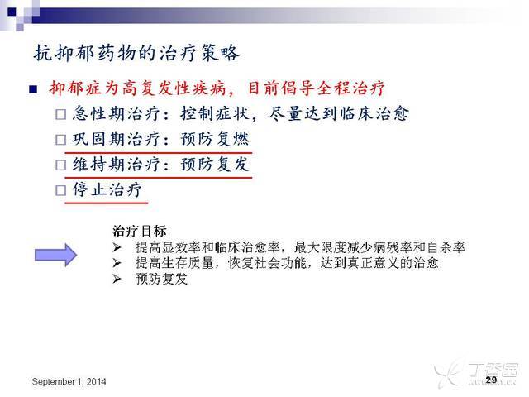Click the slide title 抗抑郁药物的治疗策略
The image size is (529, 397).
tap(136, 53)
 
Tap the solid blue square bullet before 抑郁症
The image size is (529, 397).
tap(33, 89)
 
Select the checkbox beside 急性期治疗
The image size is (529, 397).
tap(60, 114)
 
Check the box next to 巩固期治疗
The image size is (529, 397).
tap(60, 140)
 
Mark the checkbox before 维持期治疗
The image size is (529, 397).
tap(60, 165)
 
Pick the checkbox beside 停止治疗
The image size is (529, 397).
tap(60, 190)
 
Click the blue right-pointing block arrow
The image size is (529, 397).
tap(56, 255)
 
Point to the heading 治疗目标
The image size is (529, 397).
tap(140, 232)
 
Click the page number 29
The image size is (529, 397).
tap(491, 380)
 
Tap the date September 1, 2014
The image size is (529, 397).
tap(69, 382)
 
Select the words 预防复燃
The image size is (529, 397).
tap(215, 139)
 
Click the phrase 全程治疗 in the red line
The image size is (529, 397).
tap(350, 88)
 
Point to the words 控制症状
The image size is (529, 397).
tap(215, 113)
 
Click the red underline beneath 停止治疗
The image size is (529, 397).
tap(107, 203)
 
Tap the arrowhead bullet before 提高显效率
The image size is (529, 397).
tap(117, 248)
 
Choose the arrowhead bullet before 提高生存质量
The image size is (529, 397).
tap(117, 263)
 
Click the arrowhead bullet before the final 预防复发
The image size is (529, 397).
tap(117, 279)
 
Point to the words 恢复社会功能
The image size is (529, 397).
tap(267, 263)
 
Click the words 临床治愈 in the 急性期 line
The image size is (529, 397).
tap(374, 113)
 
